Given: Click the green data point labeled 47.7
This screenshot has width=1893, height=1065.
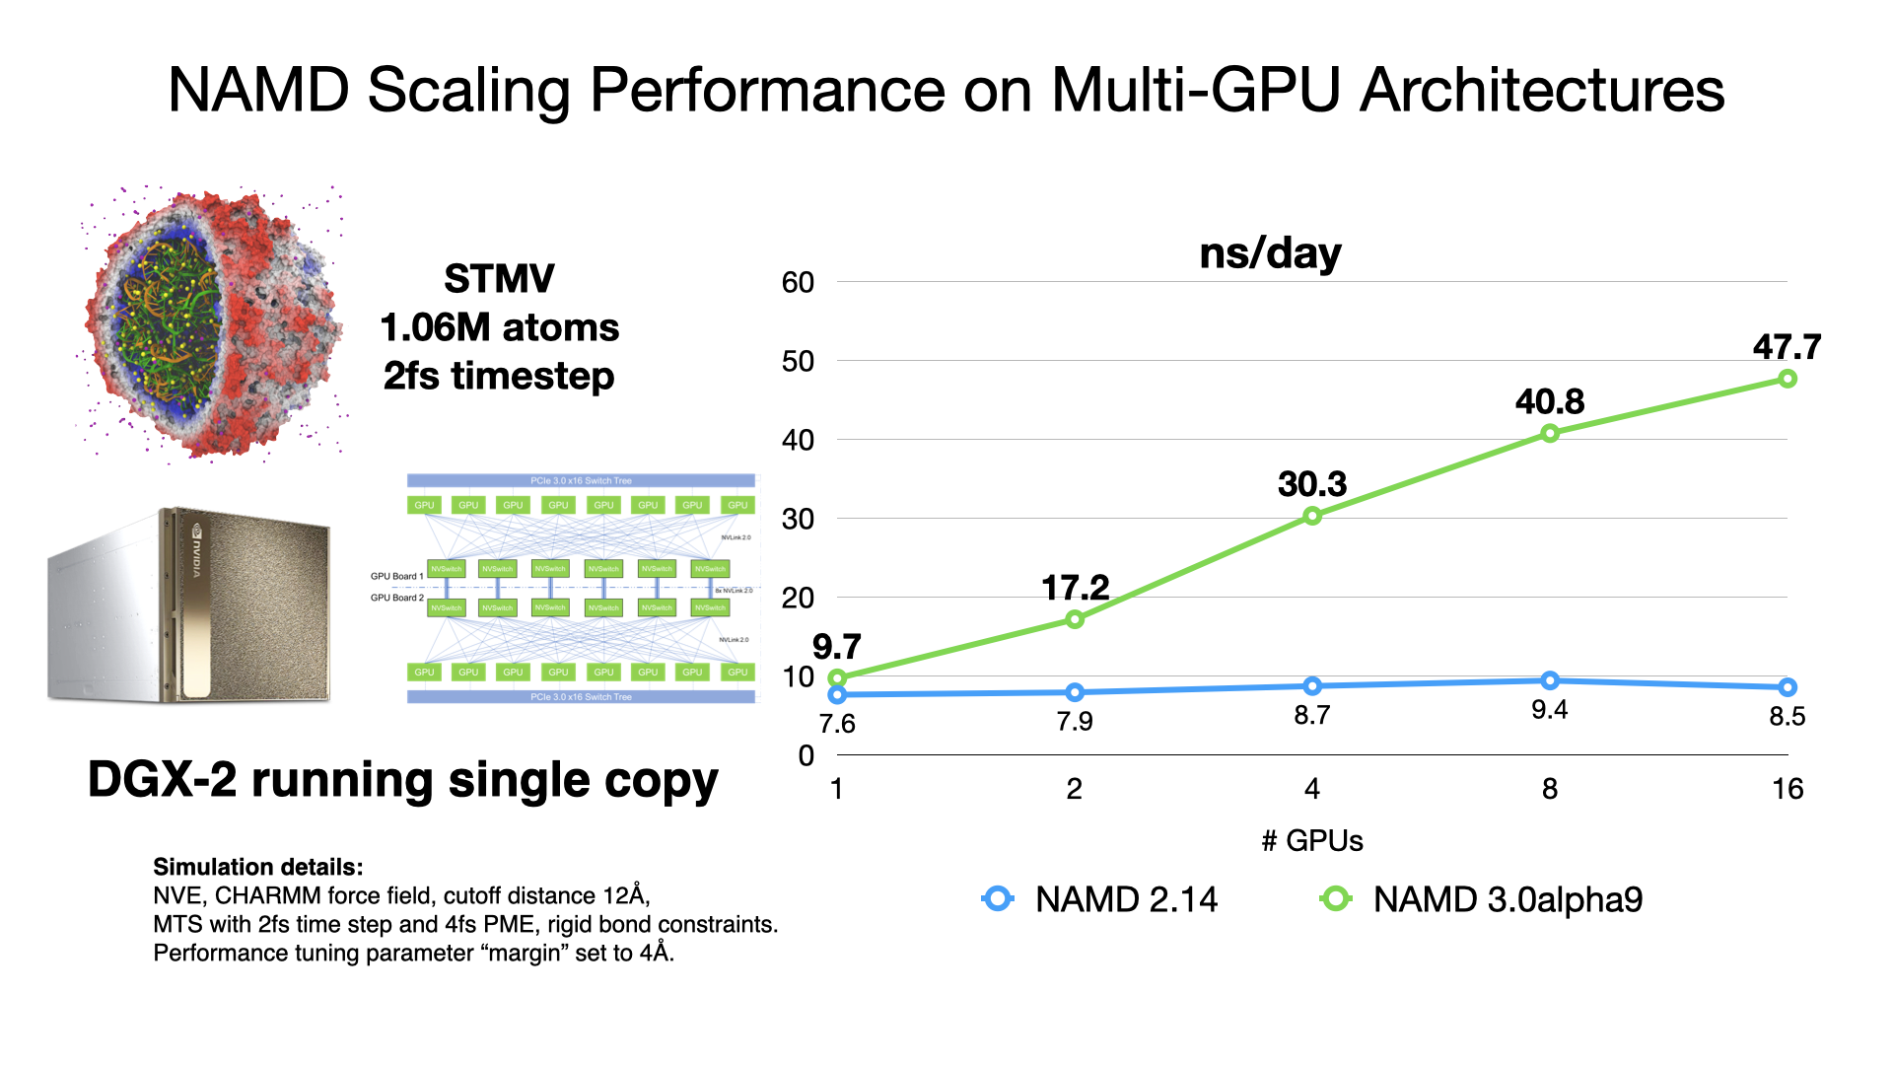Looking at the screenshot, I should coord(1787,379).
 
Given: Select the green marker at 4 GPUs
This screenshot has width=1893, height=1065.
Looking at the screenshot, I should coord(1311,516).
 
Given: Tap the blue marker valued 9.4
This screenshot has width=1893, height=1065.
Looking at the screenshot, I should coord(1549,680).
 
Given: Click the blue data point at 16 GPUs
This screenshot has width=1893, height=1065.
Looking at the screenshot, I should coord(1787,687).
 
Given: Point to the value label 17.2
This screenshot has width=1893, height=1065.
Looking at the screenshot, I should coord(1075,589).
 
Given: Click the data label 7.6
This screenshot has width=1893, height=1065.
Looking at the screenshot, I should coord(837,724).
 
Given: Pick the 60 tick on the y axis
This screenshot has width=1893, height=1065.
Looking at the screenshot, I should coord(798,283).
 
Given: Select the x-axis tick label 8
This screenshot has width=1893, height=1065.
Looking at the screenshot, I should coord(1549,789).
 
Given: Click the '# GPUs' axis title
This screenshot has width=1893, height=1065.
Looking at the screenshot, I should coord(1311,841).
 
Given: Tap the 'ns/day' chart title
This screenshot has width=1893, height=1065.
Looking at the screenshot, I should coord(1270,254).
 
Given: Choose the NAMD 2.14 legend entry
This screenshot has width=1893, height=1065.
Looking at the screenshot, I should coord(1100,899).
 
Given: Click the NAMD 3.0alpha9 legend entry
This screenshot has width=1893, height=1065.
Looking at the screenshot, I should coord(1481,899).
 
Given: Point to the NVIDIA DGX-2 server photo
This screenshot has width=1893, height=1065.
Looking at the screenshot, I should coord(189,604).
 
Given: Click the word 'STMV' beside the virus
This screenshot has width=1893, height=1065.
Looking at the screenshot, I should coord(499,279).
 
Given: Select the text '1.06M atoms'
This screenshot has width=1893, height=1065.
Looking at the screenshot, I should coord(499,327).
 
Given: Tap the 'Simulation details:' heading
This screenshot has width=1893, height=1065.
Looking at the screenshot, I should coord(257,867).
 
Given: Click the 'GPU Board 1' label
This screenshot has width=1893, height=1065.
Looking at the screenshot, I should coord(396,576).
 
